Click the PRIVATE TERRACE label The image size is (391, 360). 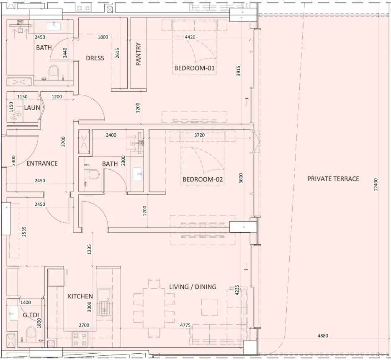[333, 179]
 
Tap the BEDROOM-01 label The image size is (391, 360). [195, 68]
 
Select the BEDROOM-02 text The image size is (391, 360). [203, 179]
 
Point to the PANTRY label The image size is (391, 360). [139, 54]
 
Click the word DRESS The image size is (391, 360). [95, 58]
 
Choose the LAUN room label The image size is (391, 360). [32, 108]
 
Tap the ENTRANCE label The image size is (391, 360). [42, 163]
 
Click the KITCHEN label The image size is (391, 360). [80, 296]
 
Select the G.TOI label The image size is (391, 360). [31, 315]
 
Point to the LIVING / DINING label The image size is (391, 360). [193, 287]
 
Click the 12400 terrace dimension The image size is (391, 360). [376, 184]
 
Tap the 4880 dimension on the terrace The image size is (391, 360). [323, 336]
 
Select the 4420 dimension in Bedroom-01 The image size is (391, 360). [190, 37]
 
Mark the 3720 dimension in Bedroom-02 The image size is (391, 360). [200, 135]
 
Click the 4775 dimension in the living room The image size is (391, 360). [185, 325]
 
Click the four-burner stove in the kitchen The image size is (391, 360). [80, 339]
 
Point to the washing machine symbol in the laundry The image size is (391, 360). [15, 115]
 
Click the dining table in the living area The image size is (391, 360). [154, 308]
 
